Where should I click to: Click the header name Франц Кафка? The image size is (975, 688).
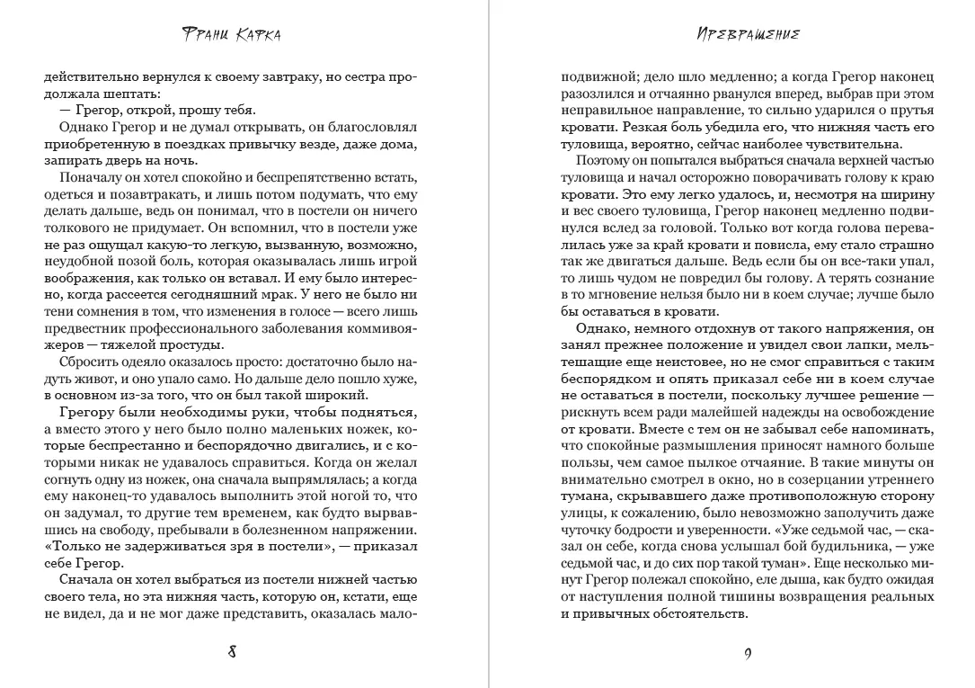[x=231, y=35]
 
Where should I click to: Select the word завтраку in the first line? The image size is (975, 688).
[x=299, y=76]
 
